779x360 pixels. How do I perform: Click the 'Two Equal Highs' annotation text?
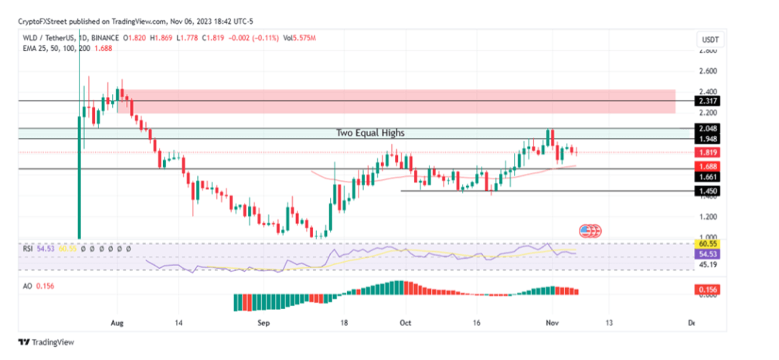coord(369,133)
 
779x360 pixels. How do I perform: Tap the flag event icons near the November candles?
coord(590,230)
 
